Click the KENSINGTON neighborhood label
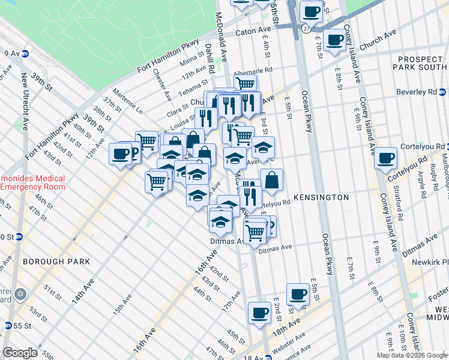(321, 197)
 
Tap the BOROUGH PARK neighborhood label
(56, 262)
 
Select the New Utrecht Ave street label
(25, 102)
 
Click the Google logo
(20, 353)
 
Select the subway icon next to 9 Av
(25, 53)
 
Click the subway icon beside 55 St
(8, 325)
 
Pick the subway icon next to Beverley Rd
(442, 92)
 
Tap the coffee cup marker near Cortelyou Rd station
(385, 158)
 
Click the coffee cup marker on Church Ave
(334, 40)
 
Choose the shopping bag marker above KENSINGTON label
(271, 179)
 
